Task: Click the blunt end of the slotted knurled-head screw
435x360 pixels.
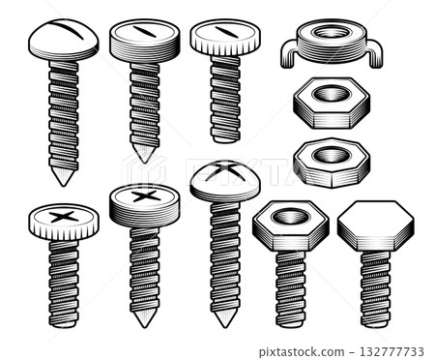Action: click(x=224, y=138)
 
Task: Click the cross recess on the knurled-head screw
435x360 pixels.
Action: click(x=63, y=214)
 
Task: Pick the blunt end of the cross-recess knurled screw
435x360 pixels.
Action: click(x=64, y=324)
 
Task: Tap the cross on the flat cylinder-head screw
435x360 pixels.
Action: click(x=144, y=196)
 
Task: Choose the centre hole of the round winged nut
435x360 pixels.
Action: click(x=331, y=32)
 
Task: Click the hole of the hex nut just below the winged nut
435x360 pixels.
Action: click(x=331, y=94)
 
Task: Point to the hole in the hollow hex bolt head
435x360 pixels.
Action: click(x=290, y=215)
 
